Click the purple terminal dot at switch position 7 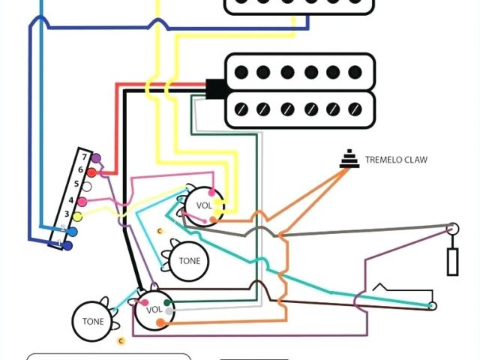tap(97, 158)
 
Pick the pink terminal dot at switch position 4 tap(82, 201)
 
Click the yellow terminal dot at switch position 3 tap(76, 216)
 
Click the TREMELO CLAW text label tap(394, 160)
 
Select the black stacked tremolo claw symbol tap(347, 159)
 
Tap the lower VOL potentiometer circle tap(154, 310)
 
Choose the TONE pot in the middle tap(190, 261)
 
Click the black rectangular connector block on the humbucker tap(214, 90)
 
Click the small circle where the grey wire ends tap(453, 228)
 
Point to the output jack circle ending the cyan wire tap(432, 306)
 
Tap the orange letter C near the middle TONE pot tap(160, 229)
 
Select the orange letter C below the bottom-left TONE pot tap(121, 341)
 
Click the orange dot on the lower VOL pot tap(159, 323)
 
